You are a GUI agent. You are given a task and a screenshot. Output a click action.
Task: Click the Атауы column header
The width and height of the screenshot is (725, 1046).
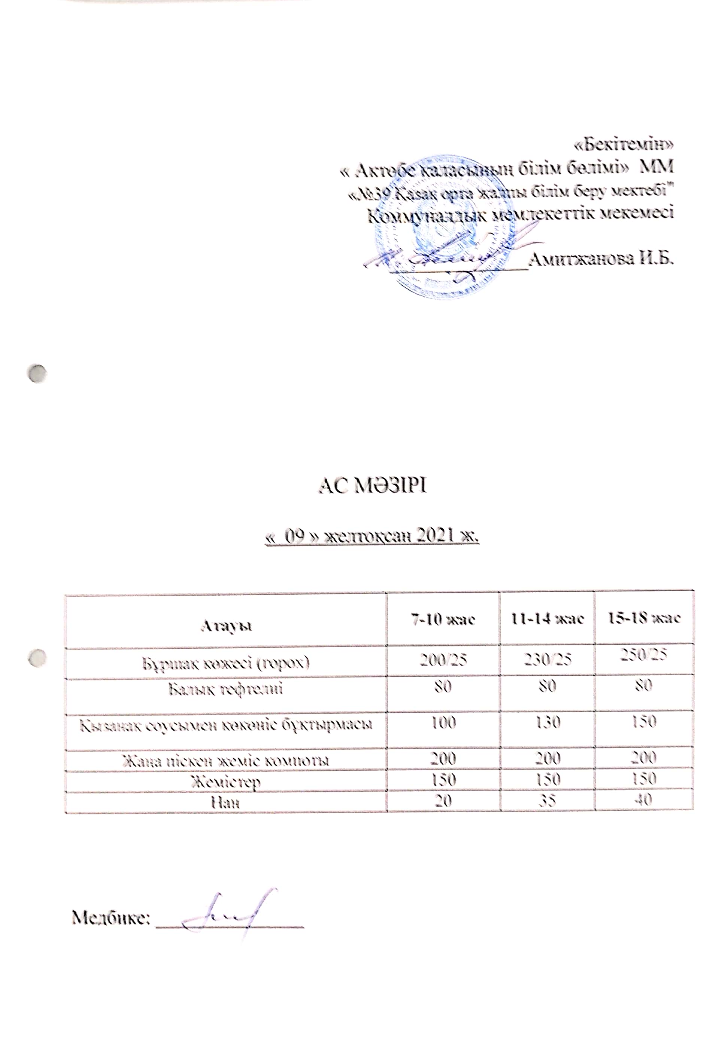[x=226, y=626]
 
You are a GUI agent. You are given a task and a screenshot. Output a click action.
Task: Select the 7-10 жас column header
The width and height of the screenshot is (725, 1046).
[x=443, y=619]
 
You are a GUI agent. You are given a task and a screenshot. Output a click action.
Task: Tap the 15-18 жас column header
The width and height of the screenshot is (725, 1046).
[x=644, y=618]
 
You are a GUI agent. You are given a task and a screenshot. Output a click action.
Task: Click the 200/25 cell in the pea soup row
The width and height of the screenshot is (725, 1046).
[x=443, y=660]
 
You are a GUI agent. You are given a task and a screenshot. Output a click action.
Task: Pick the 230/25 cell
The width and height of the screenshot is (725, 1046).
[x=548, y=659]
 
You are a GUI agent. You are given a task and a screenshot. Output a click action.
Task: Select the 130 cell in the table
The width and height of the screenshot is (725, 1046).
[x=548, y=722]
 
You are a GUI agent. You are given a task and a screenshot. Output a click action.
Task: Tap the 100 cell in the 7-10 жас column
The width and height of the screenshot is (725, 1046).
[x=443, y=722]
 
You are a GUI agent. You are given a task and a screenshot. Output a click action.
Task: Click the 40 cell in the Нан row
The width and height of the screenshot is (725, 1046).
[x=644, y=799]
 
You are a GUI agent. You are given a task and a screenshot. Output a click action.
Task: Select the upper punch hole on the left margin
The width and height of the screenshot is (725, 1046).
[x=37, y=373]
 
